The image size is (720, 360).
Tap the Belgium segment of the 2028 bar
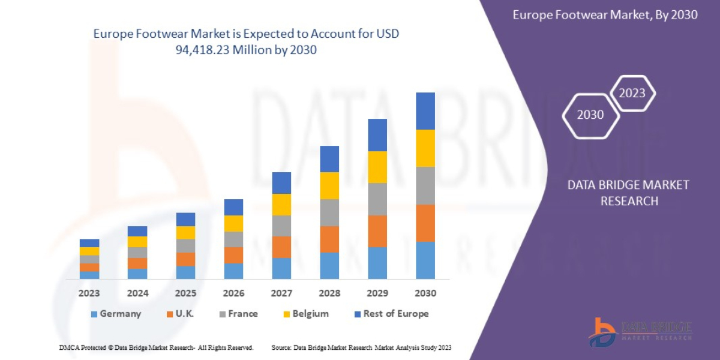pyautogui.click(x=329, y=185)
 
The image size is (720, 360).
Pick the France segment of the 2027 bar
pyautogui.click(x=281, y=226)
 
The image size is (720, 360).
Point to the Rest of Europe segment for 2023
pyautogui.click(x=89, y=243)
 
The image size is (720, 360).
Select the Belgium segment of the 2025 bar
pyautogui.click(x=185, y=232)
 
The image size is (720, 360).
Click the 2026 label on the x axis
pyautogui.click(x=233, y=293)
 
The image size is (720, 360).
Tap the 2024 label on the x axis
pyautogui.click(x=137, y=293)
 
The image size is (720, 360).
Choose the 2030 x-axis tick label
pyautogui.click(x=425, y=293)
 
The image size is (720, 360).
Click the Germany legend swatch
pyautogui.click(x=94, y=314)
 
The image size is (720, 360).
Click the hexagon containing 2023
pyautogui.click(x=632, y=93)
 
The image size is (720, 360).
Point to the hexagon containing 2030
pyautogui.click(x=590, y=115)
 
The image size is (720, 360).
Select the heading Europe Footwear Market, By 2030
pyautogui.click(x=605, y=15)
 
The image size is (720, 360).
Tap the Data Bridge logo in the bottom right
pyautogui.click(x=640, y=331)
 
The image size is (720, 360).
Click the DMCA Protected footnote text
pyautogui.click(x=156, y=347)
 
